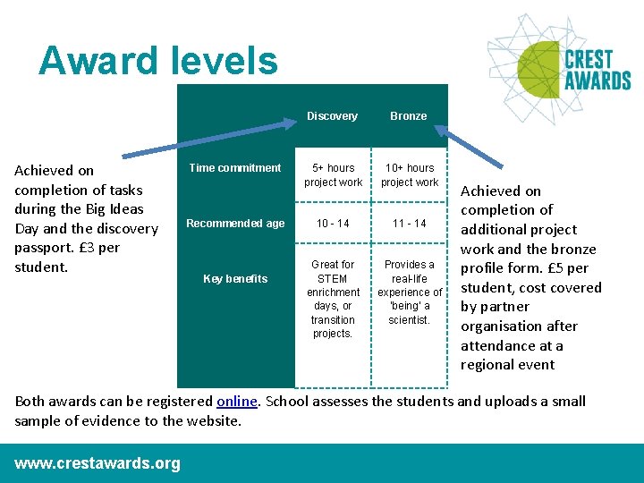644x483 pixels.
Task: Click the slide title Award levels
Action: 158,61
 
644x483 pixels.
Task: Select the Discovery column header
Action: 332,116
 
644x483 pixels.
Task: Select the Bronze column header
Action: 409,116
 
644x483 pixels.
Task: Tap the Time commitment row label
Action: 235,168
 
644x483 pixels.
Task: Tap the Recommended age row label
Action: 235,224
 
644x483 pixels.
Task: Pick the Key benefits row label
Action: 235,279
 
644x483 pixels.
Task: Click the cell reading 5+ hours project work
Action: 333,175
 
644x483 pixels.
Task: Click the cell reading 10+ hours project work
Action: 409,175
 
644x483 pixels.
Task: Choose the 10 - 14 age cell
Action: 333,224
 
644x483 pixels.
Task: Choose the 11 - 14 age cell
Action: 409,224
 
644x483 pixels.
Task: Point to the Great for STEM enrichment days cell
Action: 333,299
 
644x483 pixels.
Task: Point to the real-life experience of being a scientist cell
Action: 409,292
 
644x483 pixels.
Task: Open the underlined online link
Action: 236,402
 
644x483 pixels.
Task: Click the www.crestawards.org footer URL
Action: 97,463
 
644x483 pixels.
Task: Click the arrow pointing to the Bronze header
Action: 474,148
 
